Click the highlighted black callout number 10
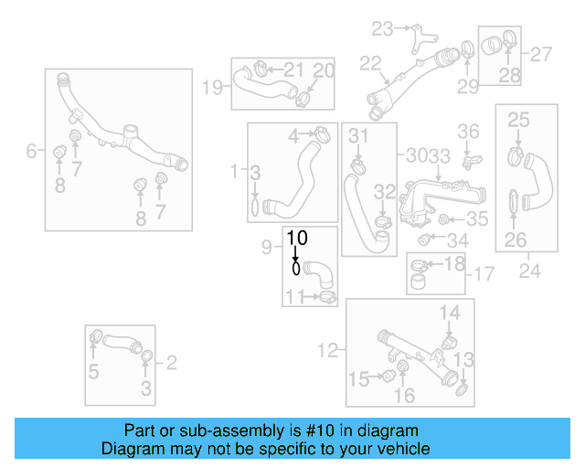[x=298, y=238]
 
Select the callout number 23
[x=382, y=28]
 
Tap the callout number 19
[x=212, y=88]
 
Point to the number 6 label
[x=32, y=150]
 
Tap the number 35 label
[x=477, y=219]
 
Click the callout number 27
[x=542, y=54]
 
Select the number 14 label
[x=450, y=314]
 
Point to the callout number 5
[x=93, y=371]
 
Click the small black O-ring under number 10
[x=296, y=270]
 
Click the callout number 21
[x=293, y=69]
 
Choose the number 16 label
[x=404, y=396]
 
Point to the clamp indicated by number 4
[x=320, y=134]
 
